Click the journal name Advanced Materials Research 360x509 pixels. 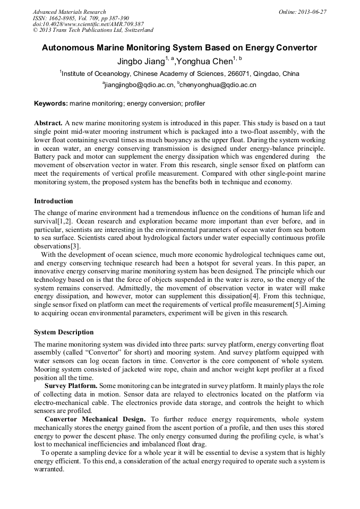coord(69,12)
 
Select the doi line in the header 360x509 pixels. coord(88,24)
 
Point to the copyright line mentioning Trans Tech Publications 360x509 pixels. coord(93,30)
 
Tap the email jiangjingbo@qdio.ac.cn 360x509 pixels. coord(140,85)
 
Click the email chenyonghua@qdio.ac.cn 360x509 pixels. coord(218,85)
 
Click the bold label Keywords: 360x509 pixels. coord(51,103)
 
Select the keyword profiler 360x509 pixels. coord(193,103)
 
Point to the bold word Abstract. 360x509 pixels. coord(48,123)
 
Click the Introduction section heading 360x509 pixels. coord(54,201)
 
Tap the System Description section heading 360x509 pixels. coord(64,332)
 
